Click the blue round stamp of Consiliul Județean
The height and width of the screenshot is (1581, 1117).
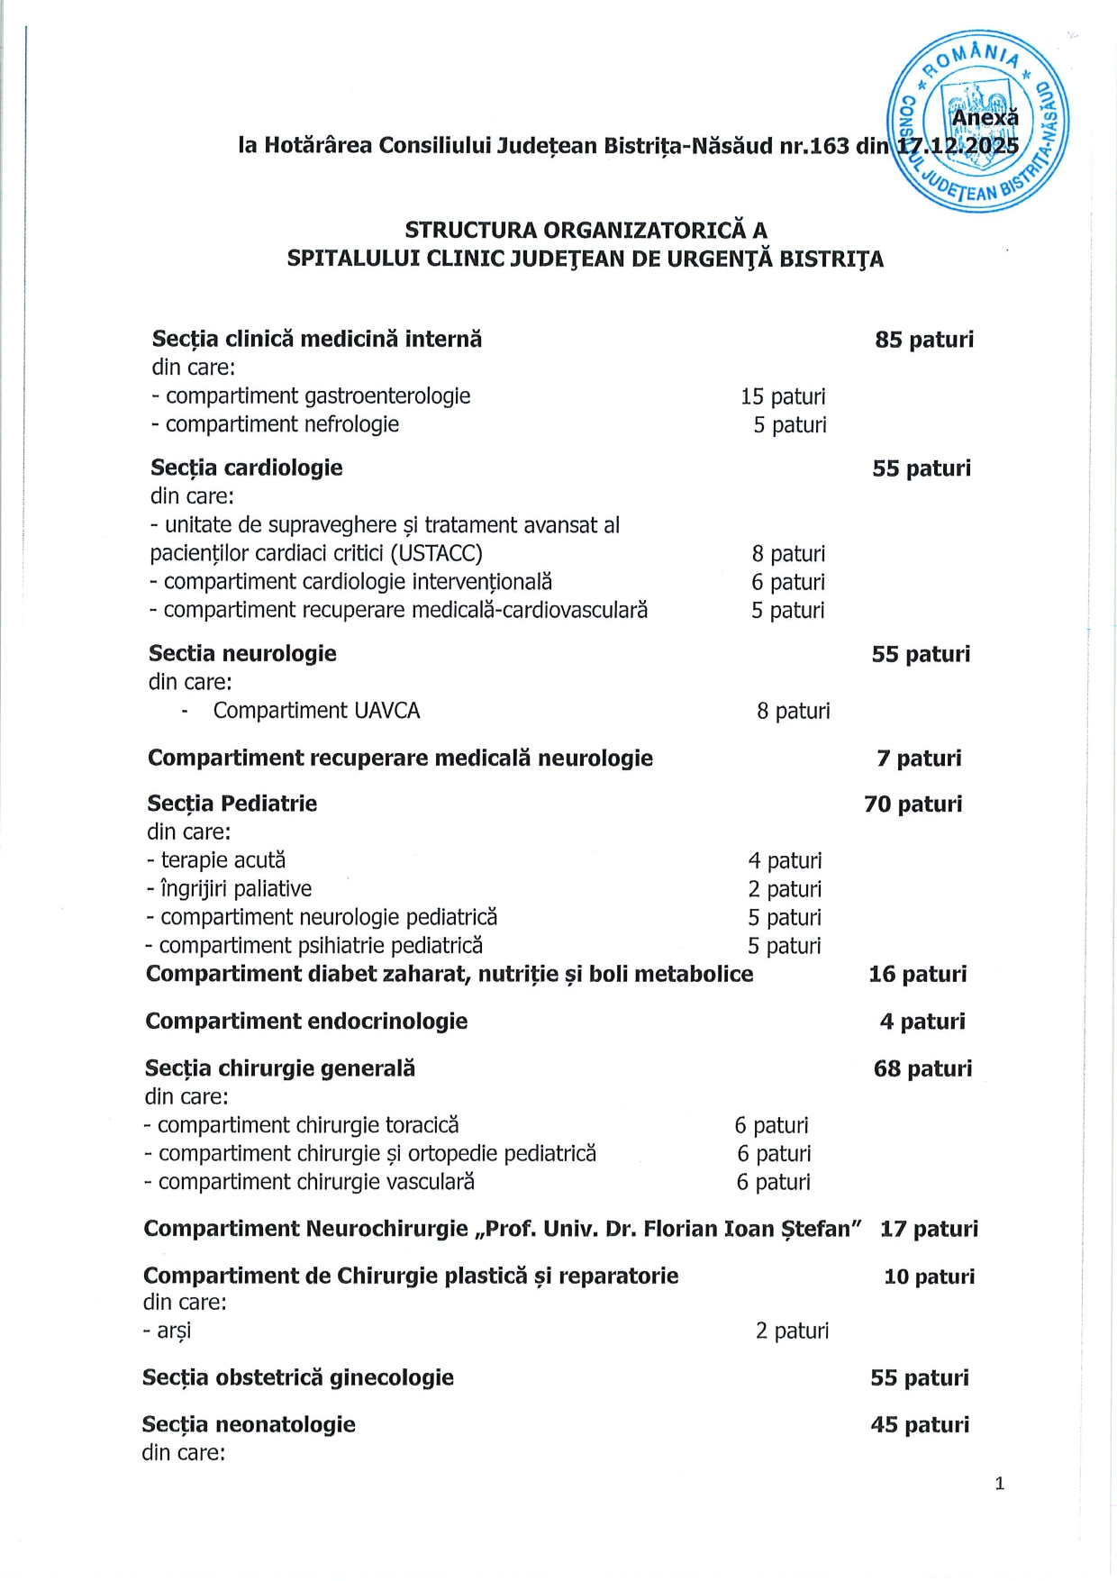pos(979,121)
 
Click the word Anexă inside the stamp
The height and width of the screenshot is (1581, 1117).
pos(985,118)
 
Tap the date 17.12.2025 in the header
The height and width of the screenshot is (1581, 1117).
pos(958,146)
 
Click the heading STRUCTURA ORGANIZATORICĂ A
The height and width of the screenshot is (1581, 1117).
pos(586,230)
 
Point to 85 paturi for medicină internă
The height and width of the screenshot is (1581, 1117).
pos(924,340)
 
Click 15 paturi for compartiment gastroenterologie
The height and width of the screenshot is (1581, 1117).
pos(783,396)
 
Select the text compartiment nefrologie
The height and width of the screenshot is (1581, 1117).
pos(281,424)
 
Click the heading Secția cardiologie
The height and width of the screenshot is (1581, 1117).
pos(247,468)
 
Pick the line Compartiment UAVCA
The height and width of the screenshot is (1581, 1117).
pos(316,711)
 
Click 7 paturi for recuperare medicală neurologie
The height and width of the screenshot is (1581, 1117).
pos(919,759)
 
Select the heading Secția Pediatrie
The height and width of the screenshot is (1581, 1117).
pos(232,804)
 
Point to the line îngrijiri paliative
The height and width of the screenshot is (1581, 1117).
pos(235,889)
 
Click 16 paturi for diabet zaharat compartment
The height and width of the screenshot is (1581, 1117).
pos(917,974)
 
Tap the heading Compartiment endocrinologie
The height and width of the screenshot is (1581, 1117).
pos(306,1022)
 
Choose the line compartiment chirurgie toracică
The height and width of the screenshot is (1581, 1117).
pos(307,1125)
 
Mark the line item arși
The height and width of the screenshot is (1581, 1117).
pos(173,1331)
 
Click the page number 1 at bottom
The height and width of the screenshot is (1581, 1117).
pos(999,1484)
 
